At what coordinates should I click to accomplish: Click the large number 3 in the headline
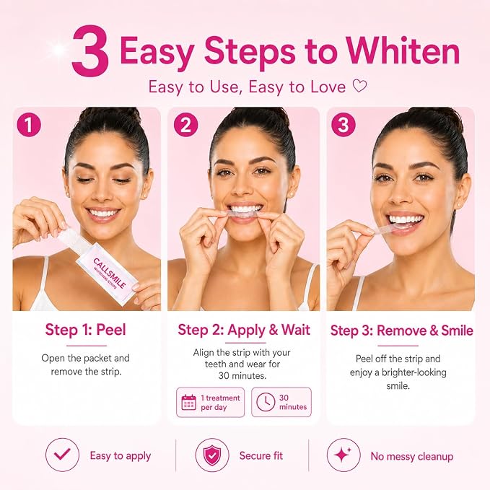coord(91,51)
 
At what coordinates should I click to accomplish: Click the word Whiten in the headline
coord(403,51)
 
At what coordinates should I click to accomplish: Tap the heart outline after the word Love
coord(359,86)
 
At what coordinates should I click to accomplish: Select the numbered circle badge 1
coord(29,124)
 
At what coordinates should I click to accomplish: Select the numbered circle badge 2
coord(185,124)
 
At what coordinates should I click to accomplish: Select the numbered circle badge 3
coord(344,124)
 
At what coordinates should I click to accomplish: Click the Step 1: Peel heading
coord(86,330)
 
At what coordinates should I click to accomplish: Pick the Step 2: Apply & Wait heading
coord(244,330)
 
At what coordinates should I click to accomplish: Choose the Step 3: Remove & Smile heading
coord(401,331)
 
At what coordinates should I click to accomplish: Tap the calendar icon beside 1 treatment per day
coord(189,402)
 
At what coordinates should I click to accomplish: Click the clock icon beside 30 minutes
coord(266,402)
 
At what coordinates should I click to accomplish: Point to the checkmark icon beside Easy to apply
coord(62,455)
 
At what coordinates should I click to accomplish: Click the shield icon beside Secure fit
coord(212,455)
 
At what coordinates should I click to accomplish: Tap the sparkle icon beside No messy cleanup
coord(344,455)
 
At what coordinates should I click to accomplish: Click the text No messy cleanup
coord(412,456)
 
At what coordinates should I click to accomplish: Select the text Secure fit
coord(261,455)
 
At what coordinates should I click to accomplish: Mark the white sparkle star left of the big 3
coord(58,49)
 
